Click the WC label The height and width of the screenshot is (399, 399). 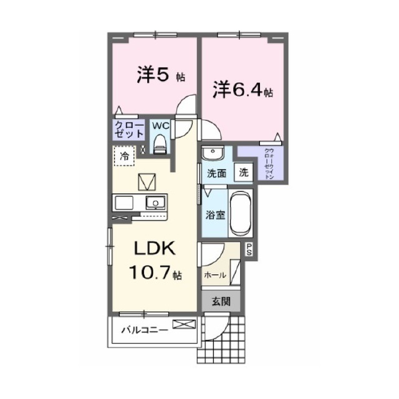161,125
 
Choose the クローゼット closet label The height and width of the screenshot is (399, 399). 129,130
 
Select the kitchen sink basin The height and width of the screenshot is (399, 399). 154,202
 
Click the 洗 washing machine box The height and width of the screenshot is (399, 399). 243,173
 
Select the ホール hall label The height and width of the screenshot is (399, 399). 214,274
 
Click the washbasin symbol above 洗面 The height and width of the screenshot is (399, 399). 213,153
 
